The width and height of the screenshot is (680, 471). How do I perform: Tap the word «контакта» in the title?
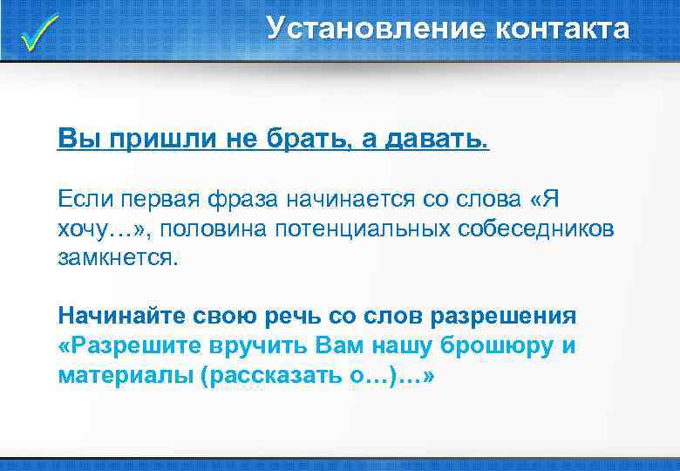pyautogui.click(x=561, y=29)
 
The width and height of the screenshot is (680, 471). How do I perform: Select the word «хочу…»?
pyautogui.click(x=92, y=229)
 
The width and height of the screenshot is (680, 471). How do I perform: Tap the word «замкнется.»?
pyautogui.click(x=116, y=258)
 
